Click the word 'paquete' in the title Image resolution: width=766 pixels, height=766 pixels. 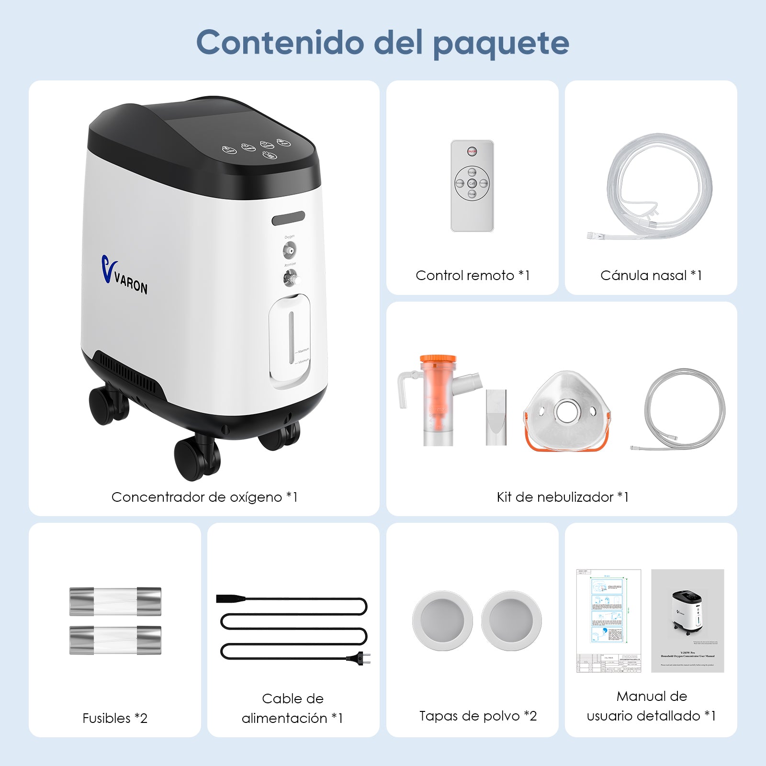coord(501,43)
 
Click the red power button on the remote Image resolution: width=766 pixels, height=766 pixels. coord(472,152)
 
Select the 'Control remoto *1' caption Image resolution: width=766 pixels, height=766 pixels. coord(472,275)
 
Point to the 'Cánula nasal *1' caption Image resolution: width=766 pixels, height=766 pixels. coord(651,275)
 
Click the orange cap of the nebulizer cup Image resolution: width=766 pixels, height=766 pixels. coord(438,359)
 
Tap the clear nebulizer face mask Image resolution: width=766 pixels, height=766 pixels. coord(567,411)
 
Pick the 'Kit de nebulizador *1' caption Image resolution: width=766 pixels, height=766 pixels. coord(562,497)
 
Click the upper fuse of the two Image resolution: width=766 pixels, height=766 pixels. coord(115,601)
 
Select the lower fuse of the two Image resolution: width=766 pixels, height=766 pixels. coord(115,640)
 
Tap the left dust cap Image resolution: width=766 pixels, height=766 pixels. coord(442,620)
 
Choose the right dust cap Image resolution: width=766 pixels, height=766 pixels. coord(511,620)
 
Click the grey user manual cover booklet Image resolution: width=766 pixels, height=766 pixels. coord(687,620)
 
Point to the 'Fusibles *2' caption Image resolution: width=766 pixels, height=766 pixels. coord(115,718)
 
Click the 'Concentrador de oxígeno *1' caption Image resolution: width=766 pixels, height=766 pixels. coord(204,497)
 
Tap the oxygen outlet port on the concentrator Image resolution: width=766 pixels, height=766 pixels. coord(289,250)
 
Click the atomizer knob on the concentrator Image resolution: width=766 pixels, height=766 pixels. coord(290,278)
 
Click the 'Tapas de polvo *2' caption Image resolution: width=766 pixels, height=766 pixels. coord(478,716)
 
